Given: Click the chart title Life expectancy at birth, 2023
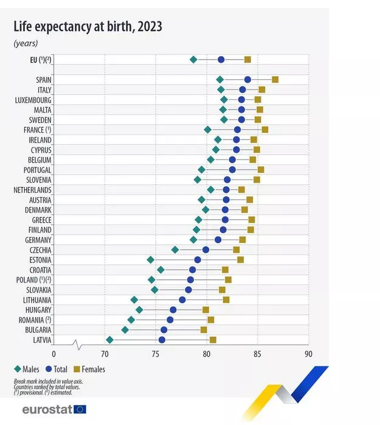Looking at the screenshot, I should pyautogui.click(x=88, y=26).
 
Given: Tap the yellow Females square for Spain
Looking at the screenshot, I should pyautogui.click(x=275, y=80).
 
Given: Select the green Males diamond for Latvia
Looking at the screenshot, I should pyautogui.click(x=109, y=340).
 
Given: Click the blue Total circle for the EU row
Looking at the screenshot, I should pyautogui.click(x=221, y=59).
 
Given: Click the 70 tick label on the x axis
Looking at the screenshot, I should pyautogui.click(x=105, y=354).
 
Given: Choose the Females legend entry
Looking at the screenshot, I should pyautogui.click(x=89, y=369).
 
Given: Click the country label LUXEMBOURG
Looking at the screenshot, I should pyautogui.click(x=33, y=100).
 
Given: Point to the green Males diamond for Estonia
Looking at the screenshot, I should pyautogui.click(x=151, y=260).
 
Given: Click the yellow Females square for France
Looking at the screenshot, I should pyautogui.click(x=265, y=130).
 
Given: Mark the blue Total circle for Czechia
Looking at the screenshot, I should pyautogui.click(x=206, y=250).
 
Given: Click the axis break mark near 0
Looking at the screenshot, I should pyautogui.click(x=77, y=345).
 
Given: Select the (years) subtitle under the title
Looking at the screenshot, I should pyautogui.click(x=26, y=43).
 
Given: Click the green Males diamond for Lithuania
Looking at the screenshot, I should pyautogui.click(x=134, y=300).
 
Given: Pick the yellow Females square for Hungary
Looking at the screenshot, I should pyautogui.click(x=206, y=310).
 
